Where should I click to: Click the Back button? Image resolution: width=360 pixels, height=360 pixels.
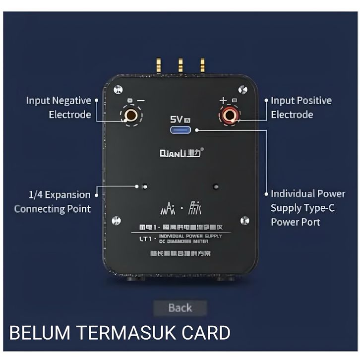click(180, 308)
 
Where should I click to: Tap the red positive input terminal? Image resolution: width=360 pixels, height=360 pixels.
click(229, 116)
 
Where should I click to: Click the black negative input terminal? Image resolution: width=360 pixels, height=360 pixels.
click(131, 116)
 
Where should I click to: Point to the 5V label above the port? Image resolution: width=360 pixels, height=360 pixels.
click(178, 120)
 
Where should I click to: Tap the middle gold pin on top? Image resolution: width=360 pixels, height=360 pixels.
click(180, 65)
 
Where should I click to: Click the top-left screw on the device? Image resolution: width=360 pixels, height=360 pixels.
click(118, 90)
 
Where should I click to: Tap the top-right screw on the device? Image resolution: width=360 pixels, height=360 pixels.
click(242, 90)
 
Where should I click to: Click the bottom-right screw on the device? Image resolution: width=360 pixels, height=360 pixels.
click(244, 220)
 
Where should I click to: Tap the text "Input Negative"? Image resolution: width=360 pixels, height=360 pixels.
click(59, 101)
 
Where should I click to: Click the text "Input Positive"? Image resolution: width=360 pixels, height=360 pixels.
click(301, 101)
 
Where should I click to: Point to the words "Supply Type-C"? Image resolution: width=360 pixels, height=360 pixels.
click(302, 208)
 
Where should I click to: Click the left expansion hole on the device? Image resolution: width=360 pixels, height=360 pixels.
click(144, 186)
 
